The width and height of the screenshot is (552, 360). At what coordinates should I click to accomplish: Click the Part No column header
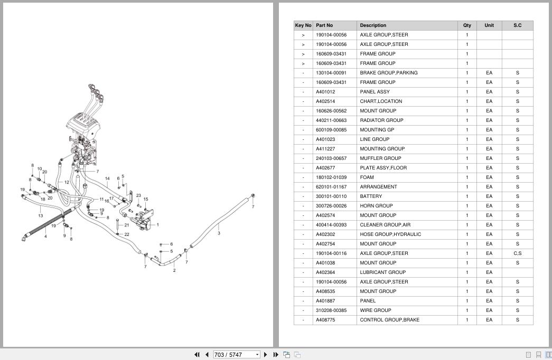[324, 25]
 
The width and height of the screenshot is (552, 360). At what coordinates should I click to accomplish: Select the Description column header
[373, 25]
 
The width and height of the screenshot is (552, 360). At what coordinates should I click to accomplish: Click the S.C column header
[517, 25]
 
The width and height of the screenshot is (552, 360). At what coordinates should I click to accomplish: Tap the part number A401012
[325, 92]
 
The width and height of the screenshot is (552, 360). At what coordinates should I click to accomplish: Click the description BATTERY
[371, 196]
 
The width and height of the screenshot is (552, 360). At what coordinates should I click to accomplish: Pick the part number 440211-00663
[331, 120]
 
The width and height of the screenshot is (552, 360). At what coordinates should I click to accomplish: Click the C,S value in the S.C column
[517, 253]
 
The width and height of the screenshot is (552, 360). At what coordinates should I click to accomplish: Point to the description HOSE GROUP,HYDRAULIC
[390, 234]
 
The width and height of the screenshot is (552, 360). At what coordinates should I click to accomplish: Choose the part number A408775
[325, 320]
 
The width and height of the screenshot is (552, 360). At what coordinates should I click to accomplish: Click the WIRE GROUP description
[375, 310]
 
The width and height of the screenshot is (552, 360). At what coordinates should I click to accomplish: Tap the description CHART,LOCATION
[381, 101]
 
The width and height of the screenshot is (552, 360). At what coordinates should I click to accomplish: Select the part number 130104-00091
[331, 73]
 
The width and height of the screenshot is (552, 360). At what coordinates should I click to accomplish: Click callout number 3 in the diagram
[219, 233]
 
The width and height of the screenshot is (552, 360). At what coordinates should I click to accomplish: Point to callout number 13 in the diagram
[41, 216]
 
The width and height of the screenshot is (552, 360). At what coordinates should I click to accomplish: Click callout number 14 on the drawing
[107, 179]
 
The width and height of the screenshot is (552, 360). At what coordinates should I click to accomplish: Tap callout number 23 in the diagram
[138, 195]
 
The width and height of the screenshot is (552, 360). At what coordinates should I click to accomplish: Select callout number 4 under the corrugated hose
[45, 236]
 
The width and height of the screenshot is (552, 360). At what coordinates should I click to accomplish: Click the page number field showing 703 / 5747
[236, 355]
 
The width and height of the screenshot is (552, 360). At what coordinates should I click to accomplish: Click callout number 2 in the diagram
[174, 270]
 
